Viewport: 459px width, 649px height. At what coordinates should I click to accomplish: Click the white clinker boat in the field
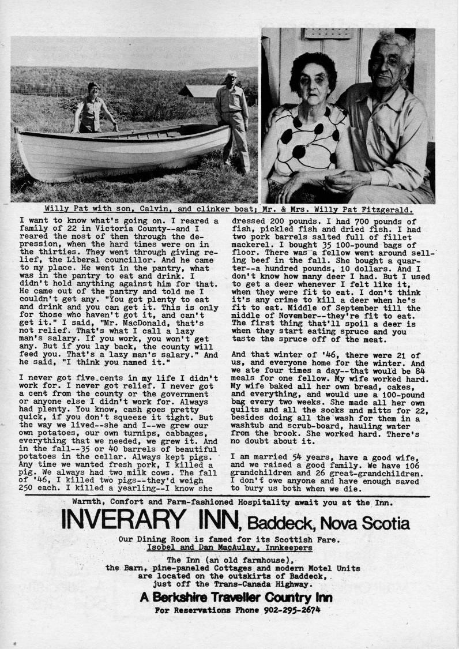121,152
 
